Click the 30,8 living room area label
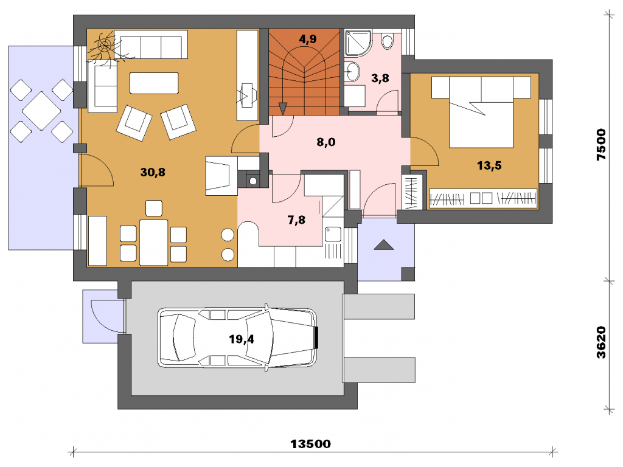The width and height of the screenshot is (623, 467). coord(153,172)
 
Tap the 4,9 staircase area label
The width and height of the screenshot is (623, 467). coord(307,39)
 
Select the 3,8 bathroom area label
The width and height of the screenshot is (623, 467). coord(380,78)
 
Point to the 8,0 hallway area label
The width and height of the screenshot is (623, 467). coord(326,142)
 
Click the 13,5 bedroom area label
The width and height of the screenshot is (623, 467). coord(489,165)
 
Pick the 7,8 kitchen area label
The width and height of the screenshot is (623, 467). coord(296,220)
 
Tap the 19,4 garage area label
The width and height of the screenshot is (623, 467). coord(241,339)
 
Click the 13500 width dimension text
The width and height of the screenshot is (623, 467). coord(310,443)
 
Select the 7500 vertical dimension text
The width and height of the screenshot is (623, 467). coord(601,145)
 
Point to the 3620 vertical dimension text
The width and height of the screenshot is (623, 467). coord(601,342)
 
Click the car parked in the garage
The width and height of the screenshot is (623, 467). coord(238,338)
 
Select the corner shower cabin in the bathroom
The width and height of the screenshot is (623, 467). coord(358,43)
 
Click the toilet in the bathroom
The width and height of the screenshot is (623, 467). coord(386,41)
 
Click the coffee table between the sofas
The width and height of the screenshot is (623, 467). coord(154,83)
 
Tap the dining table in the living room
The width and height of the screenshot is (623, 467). coord(153,242)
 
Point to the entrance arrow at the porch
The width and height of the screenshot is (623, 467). coord(384,245)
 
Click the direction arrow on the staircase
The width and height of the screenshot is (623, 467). coord(282,108)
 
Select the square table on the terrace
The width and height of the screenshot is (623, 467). coord(41,111)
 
